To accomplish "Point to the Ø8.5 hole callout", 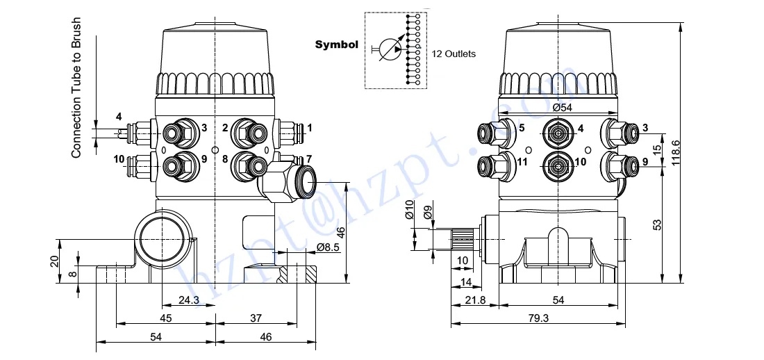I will pyautogui.click(x=327, y=247).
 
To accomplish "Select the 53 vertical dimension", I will pyautogui.click(x=657, y=224).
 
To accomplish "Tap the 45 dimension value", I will pyautogui.click(x=165, y=318).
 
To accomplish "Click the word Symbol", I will pyautogui.click(x=336, y=45).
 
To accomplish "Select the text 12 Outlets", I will pyautogui.click(x=454, y=54).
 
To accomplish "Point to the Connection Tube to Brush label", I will pyautogui.click(x=77, y=88).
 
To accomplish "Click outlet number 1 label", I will pyautogui.click(x=310, y=127).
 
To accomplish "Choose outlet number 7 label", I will pyautogui.click(x=309, y=159).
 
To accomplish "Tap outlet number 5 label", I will pyautogui.click(x=522, y=127).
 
